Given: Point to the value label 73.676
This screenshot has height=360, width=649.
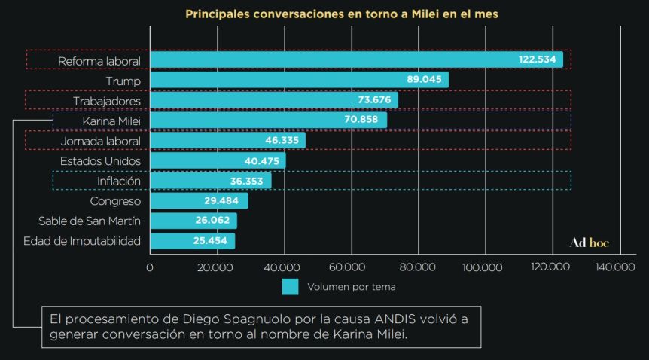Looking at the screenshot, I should pyautogui.click(x=374, y=100).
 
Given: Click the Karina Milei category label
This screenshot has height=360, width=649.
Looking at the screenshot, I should pyautogui.click(x=112, y=121).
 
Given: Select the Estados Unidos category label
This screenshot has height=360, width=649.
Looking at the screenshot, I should pyautogui.click(x=100, y=160).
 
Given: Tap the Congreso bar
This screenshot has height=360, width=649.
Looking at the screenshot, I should pyautogui.click(x=199, y=201).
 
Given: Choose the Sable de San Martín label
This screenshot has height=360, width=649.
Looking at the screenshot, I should pyautogui.click(x=90, y=221).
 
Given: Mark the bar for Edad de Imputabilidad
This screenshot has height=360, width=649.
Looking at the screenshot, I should pyautogui.click(x=193, y=241).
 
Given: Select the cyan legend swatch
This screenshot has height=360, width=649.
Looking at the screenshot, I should pyautogui.click(x=290, y=287).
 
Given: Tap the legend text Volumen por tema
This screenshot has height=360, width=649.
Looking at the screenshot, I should pyautogui.click(x=352, y=287).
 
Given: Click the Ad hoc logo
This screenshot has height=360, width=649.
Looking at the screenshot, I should pyautogui.click(x=589, y=243).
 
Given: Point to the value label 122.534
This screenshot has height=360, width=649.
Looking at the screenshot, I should pyautogui.click(x=538, y=59).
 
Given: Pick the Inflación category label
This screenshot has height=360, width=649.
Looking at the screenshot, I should pyautogui.click(x=119, y=181).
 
